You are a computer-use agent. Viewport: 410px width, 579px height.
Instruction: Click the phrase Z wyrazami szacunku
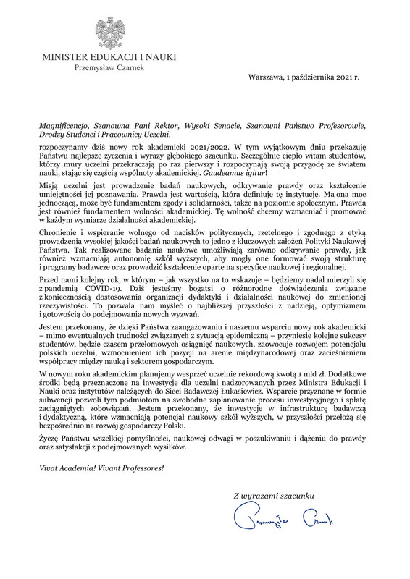pos(273,495)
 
